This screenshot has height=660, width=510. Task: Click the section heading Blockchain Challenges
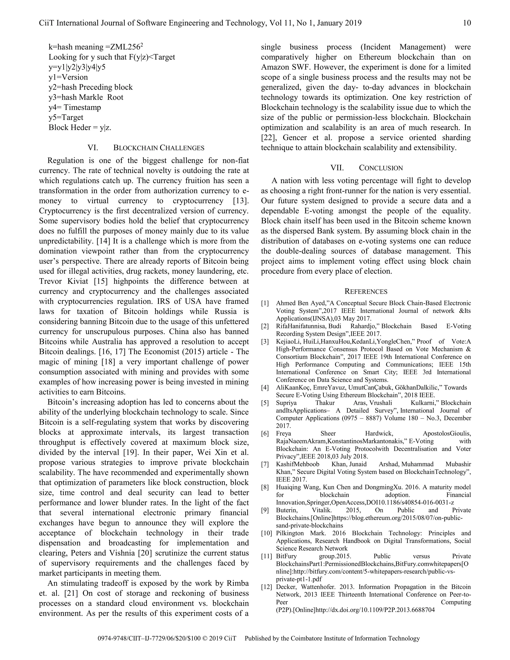pos(159,148)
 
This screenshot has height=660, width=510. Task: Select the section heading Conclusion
pos(381,168)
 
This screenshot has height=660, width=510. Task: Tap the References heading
pos(366,292)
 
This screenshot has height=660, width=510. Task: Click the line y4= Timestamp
pos(75,107)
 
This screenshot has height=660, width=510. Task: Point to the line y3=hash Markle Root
pos(86,97)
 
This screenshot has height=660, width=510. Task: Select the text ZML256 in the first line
pos(125,47)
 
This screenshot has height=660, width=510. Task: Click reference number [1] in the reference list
pos(265,303)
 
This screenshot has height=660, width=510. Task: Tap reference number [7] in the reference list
pos(265,464)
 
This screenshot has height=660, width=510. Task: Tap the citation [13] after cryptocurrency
pos(241,201)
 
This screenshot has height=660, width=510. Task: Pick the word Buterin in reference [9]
pos(286,510)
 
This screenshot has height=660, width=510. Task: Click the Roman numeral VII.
pos(337,168)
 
